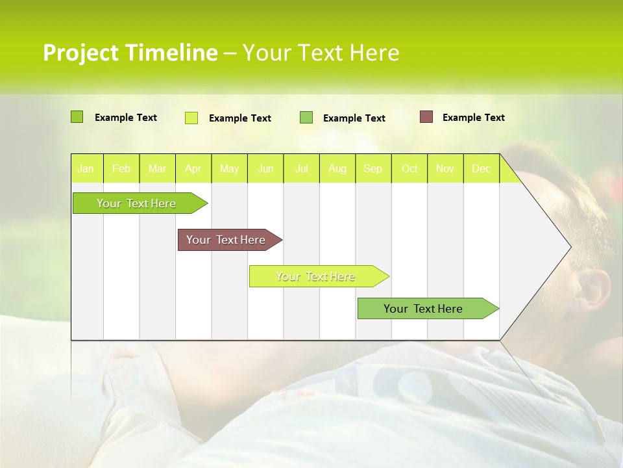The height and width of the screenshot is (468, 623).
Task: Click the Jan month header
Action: pos(86,168)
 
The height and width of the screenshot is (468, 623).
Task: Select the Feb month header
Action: pos(121,168)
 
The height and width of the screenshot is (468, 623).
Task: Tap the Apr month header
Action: pos(193,168)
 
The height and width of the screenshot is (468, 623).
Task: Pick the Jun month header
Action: pos(265,168)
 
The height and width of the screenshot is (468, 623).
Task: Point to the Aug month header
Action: pos(337,168)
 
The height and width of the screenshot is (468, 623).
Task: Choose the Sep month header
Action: pos(373,168)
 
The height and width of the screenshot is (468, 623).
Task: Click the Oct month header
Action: pos(409,168)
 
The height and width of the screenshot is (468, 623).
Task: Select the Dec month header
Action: pos(481,168)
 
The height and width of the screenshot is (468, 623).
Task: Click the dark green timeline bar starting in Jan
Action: pos(136,203)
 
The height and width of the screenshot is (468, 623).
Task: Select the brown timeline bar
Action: pos(226,240)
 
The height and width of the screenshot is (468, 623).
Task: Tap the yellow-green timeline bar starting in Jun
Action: pos(315,276)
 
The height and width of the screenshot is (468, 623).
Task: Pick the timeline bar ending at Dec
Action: pos(423,309)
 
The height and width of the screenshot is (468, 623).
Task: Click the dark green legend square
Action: pos(77,117)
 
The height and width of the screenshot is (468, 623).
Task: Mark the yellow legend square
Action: pos(191,118)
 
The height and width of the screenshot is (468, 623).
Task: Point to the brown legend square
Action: pos(426,117)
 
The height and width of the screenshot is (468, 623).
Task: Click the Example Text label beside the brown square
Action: pos(473,118)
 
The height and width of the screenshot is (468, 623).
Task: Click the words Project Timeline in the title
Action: pos(130,53)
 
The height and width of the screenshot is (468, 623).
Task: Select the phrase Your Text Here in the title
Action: pos(321,53)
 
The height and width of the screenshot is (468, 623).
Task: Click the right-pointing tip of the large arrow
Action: pos(569,247)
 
